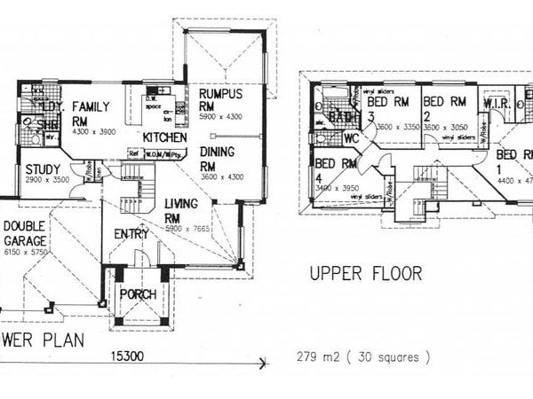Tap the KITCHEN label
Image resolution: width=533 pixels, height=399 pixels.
[x=165, y=138]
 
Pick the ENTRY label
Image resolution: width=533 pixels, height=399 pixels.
[x=132, y=234]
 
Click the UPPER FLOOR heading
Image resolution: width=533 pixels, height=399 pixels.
[x=365, y=272]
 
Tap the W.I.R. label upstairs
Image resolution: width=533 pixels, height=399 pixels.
[x=496, y=104]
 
